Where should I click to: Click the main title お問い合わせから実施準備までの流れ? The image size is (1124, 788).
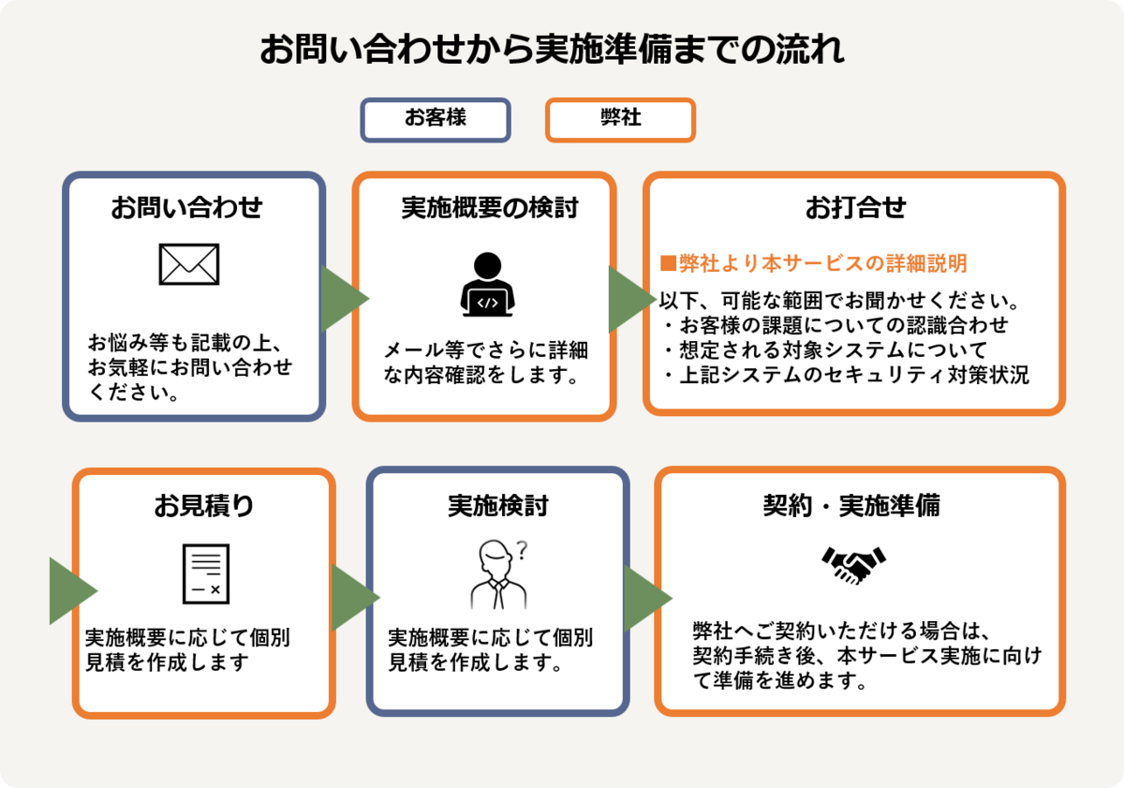pos(552,50)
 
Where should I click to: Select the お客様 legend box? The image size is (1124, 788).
pos(436,120)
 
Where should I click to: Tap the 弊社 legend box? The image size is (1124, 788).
pos(620,120)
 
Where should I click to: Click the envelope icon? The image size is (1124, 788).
pos(189,264)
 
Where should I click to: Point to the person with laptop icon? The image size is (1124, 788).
pos(486,285)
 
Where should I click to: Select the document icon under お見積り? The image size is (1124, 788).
pos(205,572)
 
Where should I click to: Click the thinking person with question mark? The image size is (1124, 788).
pos(499,573)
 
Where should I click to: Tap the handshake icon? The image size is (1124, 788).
pos(854,565)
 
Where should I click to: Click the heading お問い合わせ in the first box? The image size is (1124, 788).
pos(186,207)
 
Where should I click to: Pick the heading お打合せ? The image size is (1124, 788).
pos(856,207)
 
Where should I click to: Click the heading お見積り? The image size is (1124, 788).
pos(204,506)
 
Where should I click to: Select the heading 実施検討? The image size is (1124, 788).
pos(497,506)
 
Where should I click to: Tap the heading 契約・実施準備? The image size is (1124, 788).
pos(851,506)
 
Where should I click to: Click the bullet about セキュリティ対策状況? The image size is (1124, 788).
pos(844,376)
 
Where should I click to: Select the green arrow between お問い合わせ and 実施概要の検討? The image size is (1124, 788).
pos(341,299)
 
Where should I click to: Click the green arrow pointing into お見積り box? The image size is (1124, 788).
pos(70,590)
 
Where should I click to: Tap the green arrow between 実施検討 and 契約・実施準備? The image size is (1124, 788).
pos(644,598)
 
